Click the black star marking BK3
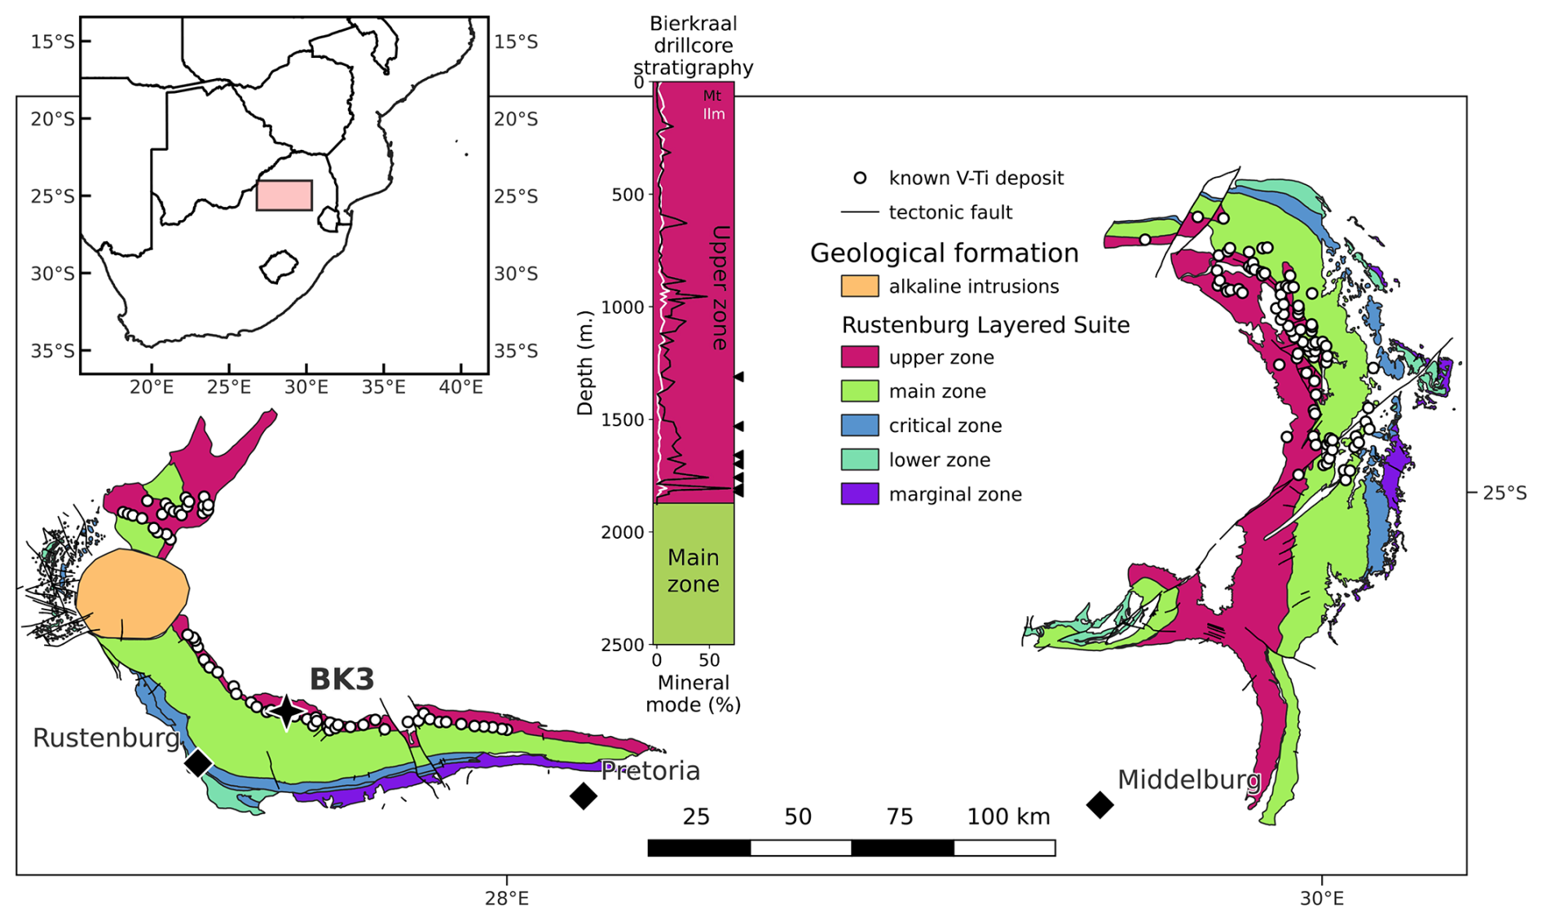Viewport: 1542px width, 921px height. [286, 712]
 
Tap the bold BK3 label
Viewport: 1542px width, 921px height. [341, 679]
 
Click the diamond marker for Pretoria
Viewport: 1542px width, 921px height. [583, 795]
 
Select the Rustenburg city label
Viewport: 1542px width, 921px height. [106, 738]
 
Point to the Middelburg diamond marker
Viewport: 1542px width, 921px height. [1100, 804]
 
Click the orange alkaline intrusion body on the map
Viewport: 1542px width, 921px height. [132, 594]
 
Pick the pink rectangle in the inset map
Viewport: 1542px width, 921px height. [284, 196]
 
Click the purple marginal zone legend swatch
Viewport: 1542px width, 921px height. [860, 494]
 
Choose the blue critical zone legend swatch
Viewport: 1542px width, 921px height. [860, 425]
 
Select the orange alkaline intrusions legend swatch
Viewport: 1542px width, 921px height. [860, 286]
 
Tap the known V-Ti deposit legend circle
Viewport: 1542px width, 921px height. [860, 178]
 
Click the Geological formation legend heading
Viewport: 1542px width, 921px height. [944, 253]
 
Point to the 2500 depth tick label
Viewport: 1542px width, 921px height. [623, 646]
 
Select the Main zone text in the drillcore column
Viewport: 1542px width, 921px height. [694, 571]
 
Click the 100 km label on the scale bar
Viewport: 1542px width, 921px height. [1008, 817]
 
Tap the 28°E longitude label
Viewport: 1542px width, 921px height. [507, 899]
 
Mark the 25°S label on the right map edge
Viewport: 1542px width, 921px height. [1505, 493]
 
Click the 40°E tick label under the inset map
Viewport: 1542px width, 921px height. [461, 387]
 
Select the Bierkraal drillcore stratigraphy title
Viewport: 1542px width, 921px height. [694, 46]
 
